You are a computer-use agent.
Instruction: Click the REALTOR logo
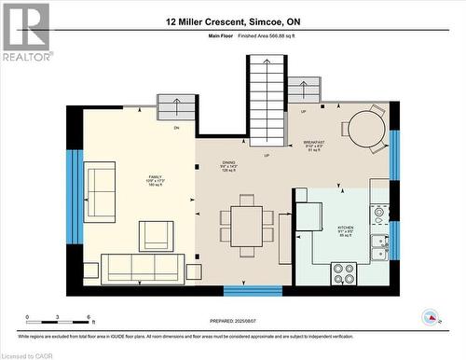26,32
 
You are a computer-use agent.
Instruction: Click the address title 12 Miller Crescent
233,21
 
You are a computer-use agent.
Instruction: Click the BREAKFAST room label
314,145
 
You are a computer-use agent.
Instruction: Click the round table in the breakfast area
366,131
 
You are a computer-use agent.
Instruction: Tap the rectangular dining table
247,226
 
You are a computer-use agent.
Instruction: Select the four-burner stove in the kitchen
343,273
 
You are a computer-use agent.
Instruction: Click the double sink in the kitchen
378,247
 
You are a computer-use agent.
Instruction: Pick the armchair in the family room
156,236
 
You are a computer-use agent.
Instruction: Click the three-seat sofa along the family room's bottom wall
143,269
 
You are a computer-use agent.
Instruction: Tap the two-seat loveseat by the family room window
100,192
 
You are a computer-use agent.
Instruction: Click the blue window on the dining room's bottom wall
252,291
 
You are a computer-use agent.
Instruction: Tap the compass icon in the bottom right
431,317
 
